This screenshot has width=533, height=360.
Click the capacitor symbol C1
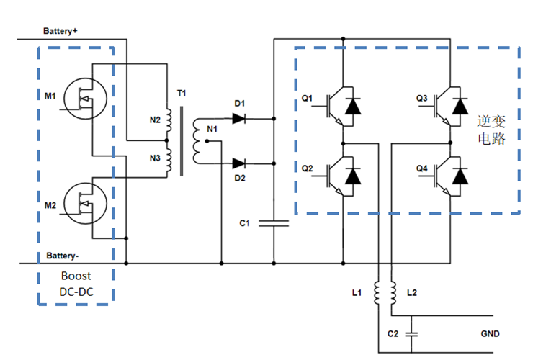(x=274, y=223)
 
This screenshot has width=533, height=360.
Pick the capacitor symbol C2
(x=411, y=333)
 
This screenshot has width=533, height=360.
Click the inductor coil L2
(x=393, y=292)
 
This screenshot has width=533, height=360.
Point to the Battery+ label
(x=60, y=31)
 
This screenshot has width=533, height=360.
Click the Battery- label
(x=62, y=256)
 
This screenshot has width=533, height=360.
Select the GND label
(x=489, y=334)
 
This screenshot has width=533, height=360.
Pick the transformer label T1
(x=181, y=94)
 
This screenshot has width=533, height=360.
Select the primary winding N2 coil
(x=169, y=119)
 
